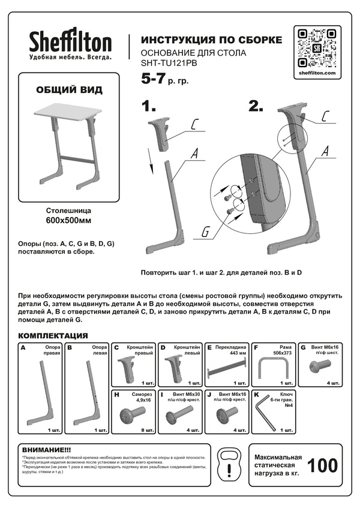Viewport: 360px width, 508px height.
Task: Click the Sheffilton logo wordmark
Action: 71,43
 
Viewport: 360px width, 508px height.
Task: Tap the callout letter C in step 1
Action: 194,125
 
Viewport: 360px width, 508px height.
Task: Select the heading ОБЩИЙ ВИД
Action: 69,90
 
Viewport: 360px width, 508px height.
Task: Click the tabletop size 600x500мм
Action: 68,220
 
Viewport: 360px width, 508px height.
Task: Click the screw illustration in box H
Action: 134,414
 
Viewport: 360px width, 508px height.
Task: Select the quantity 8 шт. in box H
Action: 147,430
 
